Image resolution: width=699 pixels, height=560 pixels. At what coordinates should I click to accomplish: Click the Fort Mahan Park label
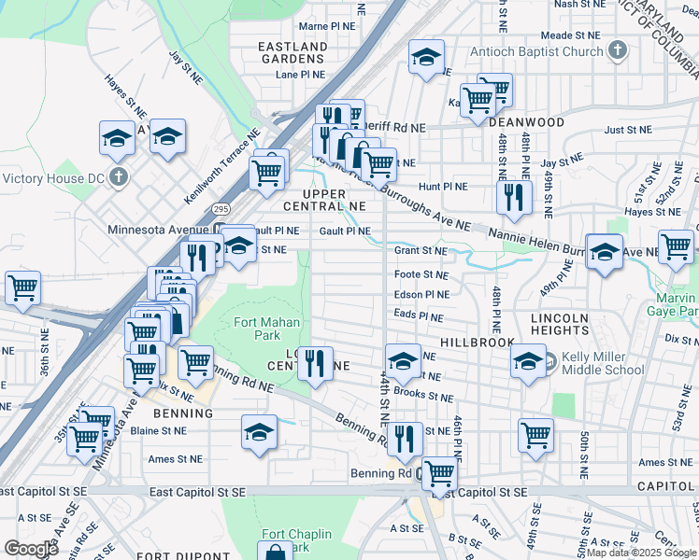click(x=255, y=329)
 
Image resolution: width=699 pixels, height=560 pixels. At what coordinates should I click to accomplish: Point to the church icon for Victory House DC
click(x=118, y=176)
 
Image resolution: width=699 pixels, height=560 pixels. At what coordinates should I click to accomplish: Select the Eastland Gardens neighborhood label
click(x=292, y=52)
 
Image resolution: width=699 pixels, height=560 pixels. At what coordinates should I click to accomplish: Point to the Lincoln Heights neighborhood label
click(x=560, y=324)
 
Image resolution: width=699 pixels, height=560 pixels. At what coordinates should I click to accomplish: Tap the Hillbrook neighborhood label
click(x=478, y=343)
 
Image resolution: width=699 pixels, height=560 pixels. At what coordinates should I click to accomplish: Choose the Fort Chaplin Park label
click(x=285, y=540)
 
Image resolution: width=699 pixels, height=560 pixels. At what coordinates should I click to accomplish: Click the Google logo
click(x=31, y=548)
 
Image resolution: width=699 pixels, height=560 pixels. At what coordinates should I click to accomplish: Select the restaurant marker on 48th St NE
click(x=513, y=197)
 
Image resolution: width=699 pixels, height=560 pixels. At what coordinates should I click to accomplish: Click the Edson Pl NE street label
click(x=421, y=294)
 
